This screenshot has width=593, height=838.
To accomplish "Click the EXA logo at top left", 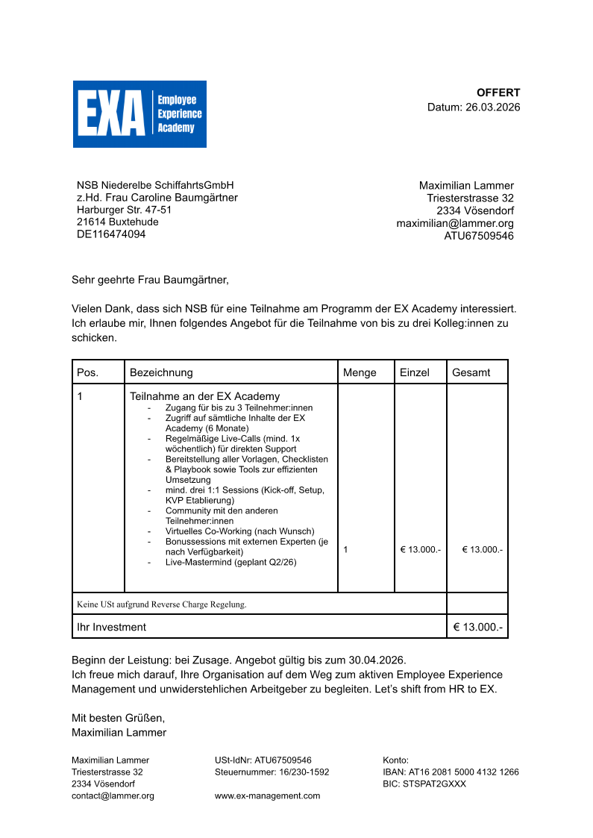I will coord(139,114).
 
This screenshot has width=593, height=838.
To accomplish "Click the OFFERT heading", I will coord(498,93).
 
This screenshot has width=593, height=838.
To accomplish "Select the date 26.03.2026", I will coord(492,107).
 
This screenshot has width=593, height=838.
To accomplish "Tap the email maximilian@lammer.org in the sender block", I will coord(455,223).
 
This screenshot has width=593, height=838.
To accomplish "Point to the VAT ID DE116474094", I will coord(111,234).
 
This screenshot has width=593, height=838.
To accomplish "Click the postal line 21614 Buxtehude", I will coord(117,222).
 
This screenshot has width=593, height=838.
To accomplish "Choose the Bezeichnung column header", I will coord(161,372).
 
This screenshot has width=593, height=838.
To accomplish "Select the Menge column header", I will coord(360,372).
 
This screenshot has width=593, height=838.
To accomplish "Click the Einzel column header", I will coord(415,372).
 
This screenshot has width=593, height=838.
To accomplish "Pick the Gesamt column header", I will coord(471,372).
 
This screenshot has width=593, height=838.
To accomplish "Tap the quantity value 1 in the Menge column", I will coord(345,549).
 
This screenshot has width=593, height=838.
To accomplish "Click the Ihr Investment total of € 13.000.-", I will coord(477,627).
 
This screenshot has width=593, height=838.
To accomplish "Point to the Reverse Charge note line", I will coord(162,604).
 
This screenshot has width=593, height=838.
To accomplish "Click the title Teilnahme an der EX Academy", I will coord(205,396).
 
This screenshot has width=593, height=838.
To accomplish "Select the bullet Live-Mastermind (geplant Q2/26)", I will coord(230,562).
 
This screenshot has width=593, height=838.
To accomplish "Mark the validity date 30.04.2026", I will coord(376,660).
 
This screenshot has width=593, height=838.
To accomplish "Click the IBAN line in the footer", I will coord(451,772).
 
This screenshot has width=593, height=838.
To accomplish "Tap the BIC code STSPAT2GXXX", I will coord(424,784).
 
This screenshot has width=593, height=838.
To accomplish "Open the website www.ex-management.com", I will coord(267,796).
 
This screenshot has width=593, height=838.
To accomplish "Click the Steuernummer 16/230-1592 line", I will coord(272,772).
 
